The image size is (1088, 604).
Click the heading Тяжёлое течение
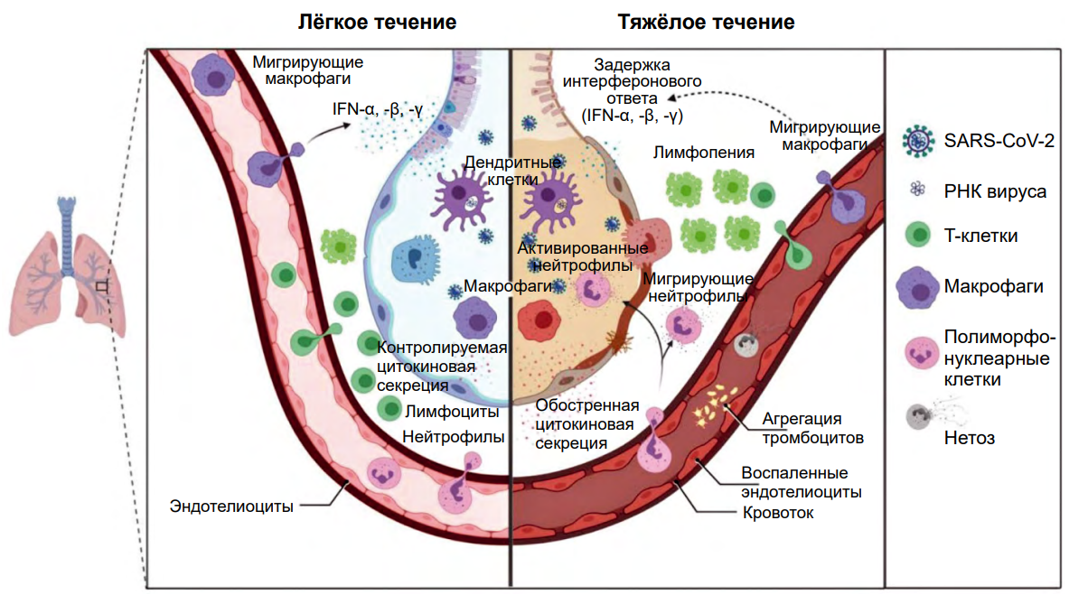(x=706, y=22)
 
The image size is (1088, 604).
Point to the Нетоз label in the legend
(x=969, y=438)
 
